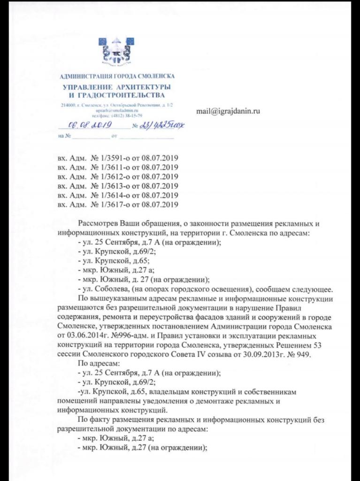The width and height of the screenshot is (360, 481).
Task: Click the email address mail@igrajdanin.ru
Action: click(228, 111)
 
